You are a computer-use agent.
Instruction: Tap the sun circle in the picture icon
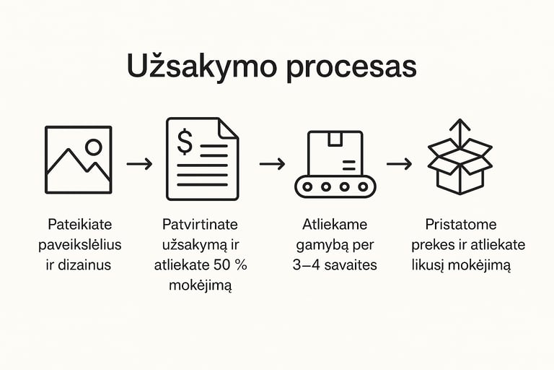coord(94,147)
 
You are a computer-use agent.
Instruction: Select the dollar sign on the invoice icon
coord(185,143)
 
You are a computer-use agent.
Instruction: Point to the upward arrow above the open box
coord(460,131)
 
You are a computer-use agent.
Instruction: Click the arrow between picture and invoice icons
coord(139,163)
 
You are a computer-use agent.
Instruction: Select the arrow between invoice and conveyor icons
coord(272,163)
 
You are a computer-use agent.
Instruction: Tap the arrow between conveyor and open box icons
coord(399,163)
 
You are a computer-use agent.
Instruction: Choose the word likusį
coord(431,265)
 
